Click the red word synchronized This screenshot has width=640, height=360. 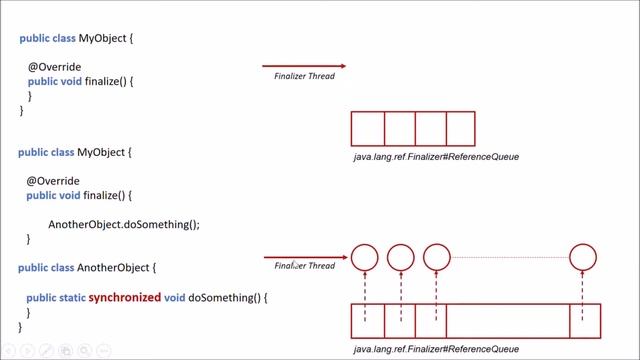pos(125,298)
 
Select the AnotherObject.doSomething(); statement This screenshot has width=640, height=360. pos(124,224)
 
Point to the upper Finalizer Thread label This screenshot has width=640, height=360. pos(304,76)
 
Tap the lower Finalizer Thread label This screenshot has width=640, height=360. pos(305,266)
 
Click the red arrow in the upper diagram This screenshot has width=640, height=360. pos(304,66)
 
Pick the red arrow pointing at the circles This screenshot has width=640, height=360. pos(306,257)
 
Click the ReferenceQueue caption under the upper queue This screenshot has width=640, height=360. pos(436,157)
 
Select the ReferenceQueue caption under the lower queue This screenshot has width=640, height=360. pos(436,349)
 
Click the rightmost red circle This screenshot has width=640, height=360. pos(583,257)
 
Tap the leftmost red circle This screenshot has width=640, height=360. pos(365,257)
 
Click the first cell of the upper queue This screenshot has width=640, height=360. pos(368,129)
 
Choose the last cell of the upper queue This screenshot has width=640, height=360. pos(460,129)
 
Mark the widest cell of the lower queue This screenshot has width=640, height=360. pos(507,321)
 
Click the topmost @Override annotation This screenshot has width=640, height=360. pos(47,67)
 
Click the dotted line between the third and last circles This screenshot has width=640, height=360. pos(510,257)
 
